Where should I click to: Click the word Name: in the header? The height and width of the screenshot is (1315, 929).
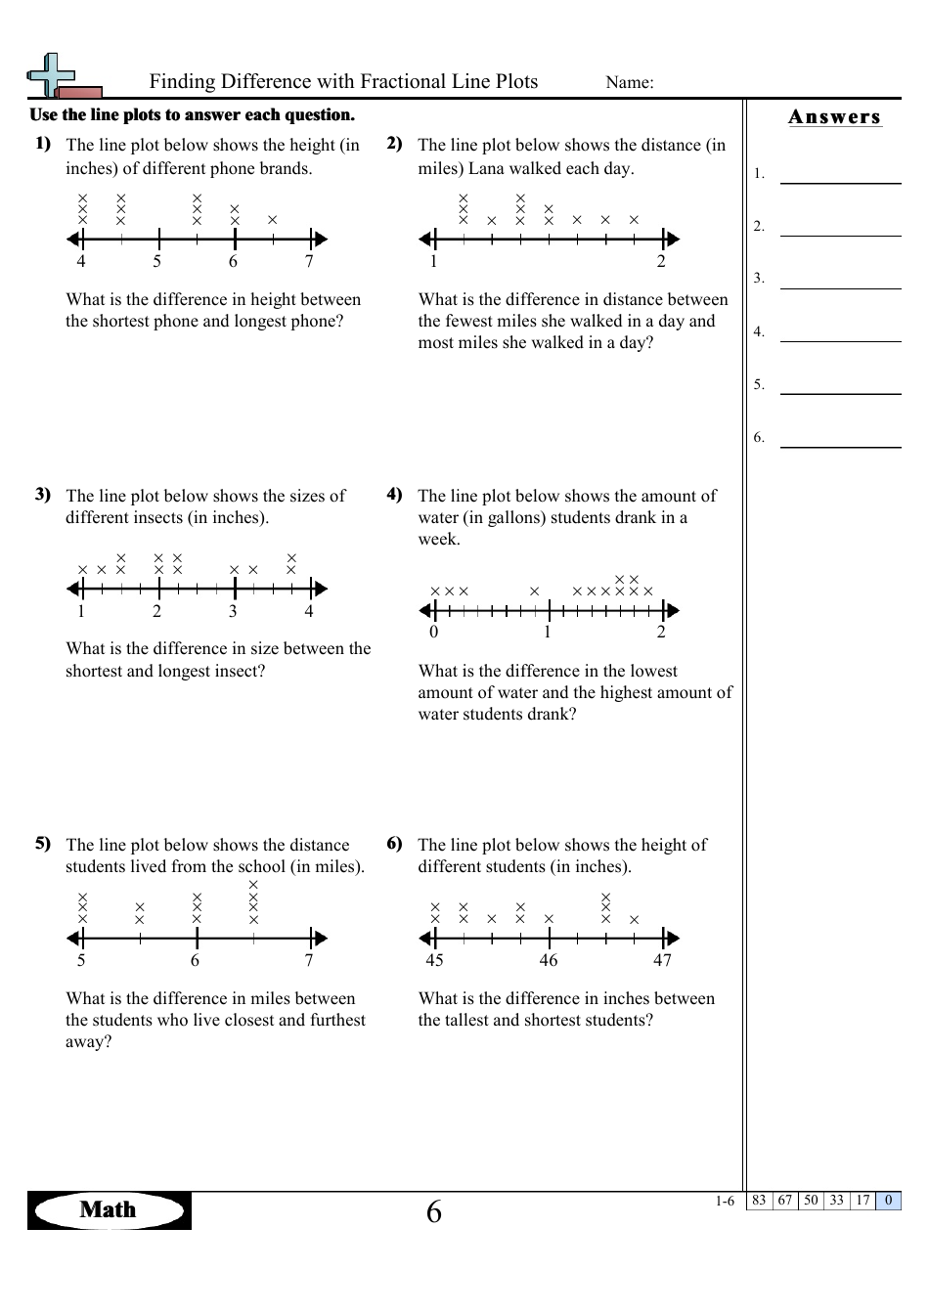pos(630,83)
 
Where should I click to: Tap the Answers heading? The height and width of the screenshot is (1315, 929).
pos(834,117)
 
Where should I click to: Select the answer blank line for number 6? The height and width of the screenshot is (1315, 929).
pos(840,446)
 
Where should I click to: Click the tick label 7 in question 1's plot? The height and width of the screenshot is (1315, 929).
pos(309,261)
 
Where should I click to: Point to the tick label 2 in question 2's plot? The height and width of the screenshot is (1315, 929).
pos(661,261)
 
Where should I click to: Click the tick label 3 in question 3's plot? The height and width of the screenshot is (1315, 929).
pos(233,611)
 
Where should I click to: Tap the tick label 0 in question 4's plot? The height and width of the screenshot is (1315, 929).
pos(434,632)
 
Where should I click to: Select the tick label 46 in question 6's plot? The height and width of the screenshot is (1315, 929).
pos(549,960)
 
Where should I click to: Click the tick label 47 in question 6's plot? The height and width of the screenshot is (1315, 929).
pos(663,960)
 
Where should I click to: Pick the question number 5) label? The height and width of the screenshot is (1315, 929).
pos(43,843)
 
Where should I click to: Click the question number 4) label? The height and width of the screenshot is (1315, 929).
pos(394,494)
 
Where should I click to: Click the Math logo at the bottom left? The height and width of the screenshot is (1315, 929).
pos(109,1210)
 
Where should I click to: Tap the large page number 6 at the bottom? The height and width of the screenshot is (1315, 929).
pos(434,1212)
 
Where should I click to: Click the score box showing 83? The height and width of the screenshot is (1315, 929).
pos(759,1201)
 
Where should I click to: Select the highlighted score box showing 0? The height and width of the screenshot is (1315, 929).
pos(888,1201)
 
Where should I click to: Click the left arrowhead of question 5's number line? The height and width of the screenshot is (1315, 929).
pos(72,939)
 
